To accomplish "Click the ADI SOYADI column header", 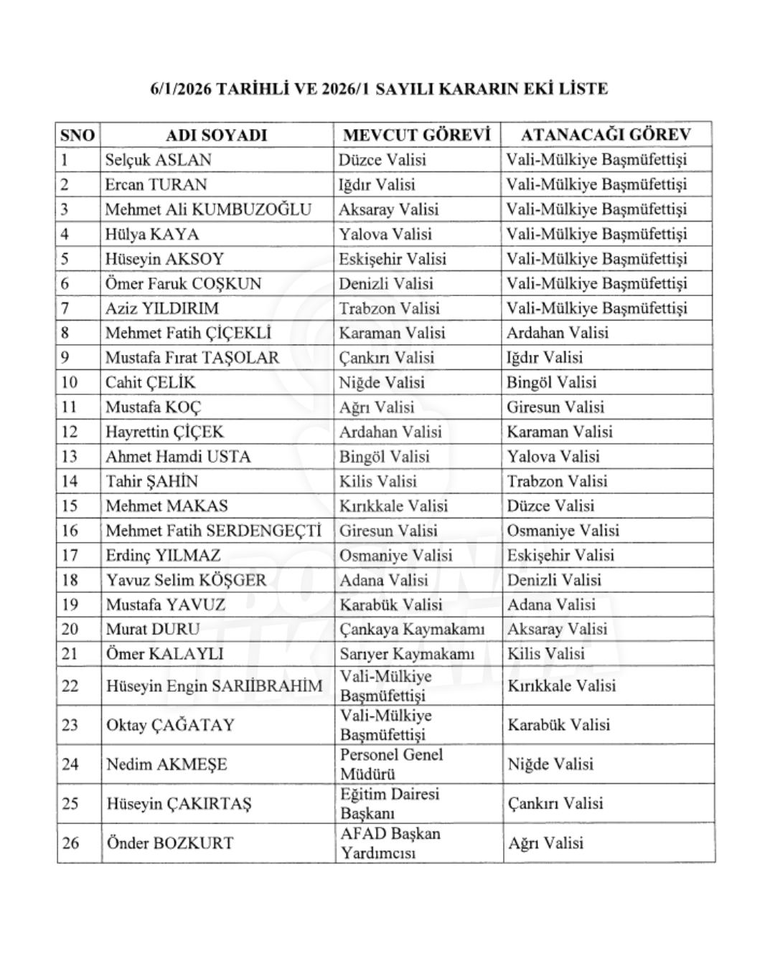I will (216, 135).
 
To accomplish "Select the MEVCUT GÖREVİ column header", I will (416, 135).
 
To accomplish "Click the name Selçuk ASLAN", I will (158, 160).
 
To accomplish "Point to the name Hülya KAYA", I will (151, 234).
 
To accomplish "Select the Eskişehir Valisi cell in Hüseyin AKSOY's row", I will (392, 259).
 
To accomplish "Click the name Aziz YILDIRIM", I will (161, 308).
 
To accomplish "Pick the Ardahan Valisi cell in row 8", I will (557, 333).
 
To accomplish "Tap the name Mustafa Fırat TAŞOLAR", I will (192, 358).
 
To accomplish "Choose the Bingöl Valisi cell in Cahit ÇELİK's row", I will (551, 382).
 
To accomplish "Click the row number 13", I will (69, 457).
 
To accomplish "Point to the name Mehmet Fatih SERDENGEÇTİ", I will (213, 531).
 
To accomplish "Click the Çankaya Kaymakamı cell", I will (411, 630).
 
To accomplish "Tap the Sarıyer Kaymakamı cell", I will (407, 654).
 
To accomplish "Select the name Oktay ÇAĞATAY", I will (170, 725).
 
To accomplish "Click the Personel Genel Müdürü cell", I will (391, 764).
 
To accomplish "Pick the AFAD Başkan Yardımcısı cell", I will (390, 843).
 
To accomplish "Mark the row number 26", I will (70, 843).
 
